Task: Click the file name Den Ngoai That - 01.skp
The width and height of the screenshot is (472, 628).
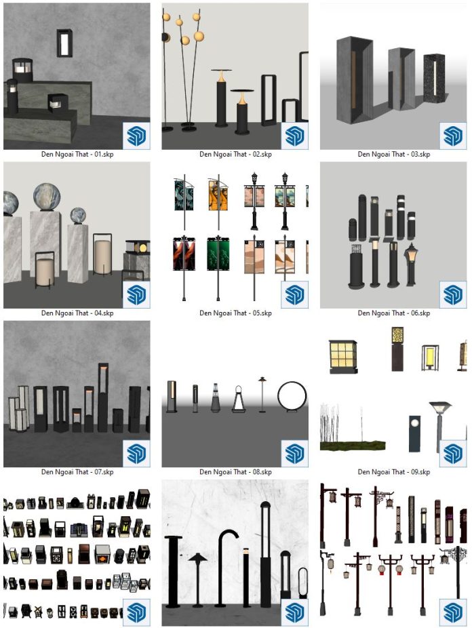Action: (x=77, y=154)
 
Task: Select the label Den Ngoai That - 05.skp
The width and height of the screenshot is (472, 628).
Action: (x=235, y=313)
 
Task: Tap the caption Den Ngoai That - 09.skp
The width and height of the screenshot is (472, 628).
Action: (x=394, y=472)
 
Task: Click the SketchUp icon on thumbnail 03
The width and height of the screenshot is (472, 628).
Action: (x=453, y=136)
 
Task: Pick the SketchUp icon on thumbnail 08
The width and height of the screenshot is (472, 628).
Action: (x=294, y=454)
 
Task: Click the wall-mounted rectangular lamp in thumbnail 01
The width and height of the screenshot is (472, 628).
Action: (x=64, y=43)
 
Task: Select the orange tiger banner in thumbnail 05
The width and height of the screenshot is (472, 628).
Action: (x=218, y=195)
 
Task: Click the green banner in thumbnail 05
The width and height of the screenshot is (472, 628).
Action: (x=218, y=254)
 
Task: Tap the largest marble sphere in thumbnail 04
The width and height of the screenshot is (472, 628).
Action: (x=47, y=197)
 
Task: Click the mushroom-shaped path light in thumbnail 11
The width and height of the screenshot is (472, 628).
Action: (x=198, y=578)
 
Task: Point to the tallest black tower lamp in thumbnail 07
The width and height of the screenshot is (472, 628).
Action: (x=103, y=397)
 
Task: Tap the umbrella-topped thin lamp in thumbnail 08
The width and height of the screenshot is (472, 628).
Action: (x=262, y=395)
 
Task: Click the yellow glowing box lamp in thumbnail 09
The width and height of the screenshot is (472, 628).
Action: (x=429, y=357)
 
